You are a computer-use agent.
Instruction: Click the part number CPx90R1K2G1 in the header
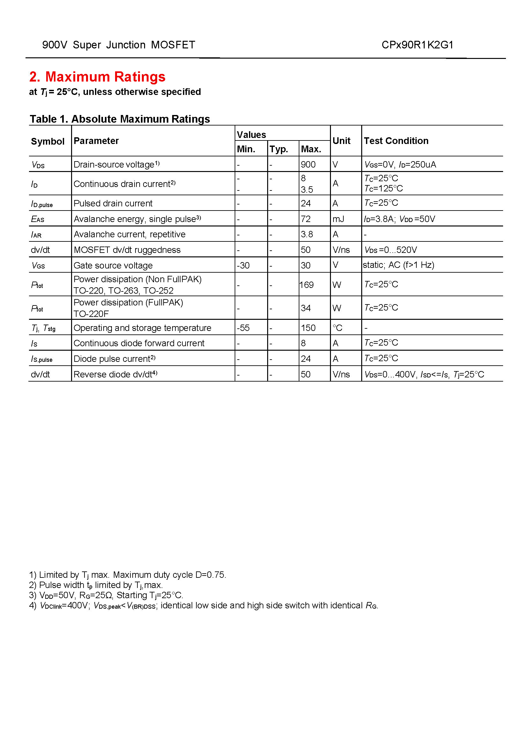pos(417,45)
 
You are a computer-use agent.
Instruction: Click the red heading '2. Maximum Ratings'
pos(97,77)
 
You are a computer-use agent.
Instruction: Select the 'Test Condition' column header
pos(396,141)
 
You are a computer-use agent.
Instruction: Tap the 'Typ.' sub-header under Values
pos(279,149)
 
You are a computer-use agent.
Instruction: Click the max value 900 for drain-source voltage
pos(308,164)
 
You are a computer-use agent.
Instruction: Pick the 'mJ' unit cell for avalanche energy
pos(338,219)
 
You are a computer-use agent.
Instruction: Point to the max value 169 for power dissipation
pos(306,285)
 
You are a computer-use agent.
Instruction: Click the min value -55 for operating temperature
pos(243,328)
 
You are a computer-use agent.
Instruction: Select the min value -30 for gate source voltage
pos(243,265)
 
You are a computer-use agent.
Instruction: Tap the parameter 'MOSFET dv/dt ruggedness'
pos(127,250)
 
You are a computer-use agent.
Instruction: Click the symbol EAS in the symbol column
pos(38,219)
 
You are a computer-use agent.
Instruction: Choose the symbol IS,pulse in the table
pos(41,359)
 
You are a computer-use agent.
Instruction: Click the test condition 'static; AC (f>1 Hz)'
pos(399,265)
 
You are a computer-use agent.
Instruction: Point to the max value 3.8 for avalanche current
pos(307,234)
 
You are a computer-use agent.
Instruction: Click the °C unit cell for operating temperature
pos(337,328)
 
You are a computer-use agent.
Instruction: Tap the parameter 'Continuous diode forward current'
pos(139,343)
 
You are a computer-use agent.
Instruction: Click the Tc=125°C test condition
pos(384,189)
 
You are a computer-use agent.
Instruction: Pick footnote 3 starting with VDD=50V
pos(106,595)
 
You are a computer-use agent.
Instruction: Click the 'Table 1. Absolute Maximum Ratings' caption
pos(120,119)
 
